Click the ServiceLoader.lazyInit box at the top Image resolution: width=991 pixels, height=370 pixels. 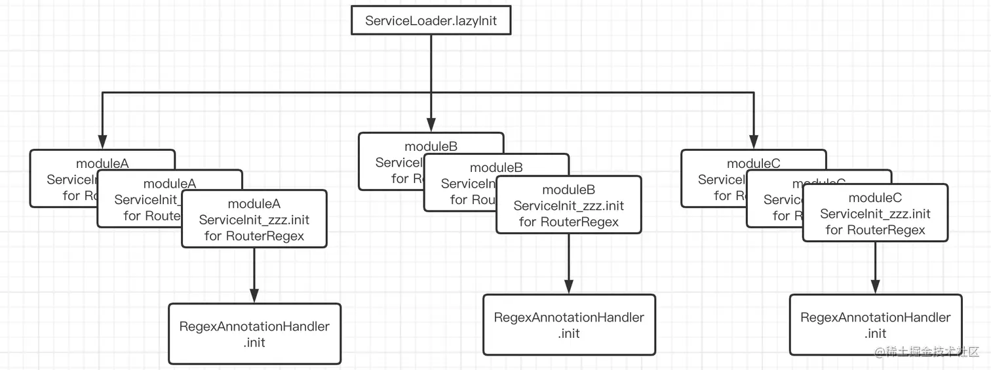[431, 20]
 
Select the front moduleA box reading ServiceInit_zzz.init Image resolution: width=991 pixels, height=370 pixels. [254, 219]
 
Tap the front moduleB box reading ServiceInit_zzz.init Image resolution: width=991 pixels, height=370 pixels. [568, 205]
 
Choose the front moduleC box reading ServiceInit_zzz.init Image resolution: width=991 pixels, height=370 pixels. [875, 213]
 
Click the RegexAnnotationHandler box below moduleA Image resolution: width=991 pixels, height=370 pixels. [254, 333]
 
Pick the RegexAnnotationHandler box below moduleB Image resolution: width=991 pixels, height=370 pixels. [569, 325]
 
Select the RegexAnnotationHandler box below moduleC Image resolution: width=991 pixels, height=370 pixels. [875, 325]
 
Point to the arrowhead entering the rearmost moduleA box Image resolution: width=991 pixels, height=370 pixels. [102, 142]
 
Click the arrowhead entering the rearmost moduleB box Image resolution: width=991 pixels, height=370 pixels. [431, 125]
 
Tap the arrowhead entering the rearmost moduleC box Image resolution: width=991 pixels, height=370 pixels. [754, 142]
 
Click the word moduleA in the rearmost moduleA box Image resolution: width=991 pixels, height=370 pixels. [102, 163]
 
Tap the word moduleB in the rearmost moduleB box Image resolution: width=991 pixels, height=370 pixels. [431, 146]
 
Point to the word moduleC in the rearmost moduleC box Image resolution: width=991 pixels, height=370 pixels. [754, 163]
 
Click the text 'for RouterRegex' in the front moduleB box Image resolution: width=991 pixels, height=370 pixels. [568, 222]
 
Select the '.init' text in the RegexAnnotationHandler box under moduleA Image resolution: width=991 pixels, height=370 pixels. [254, 342]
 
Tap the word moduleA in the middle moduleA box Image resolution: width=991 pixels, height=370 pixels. [169, 183]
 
